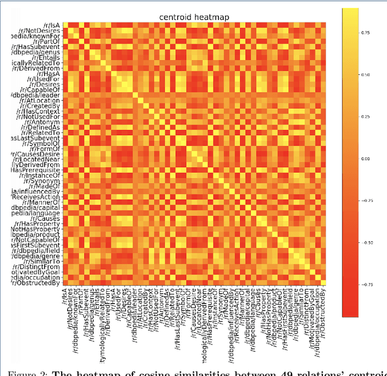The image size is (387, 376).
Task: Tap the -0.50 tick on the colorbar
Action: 365,242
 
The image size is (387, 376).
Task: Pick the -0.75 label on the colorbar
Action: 365,283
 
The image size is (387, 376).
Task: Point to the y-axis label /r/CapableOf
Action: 42,89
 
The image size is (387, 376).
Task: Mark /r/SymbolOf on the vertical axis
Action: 43,143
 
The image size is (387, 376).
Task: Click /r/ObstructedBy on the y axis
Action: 38,282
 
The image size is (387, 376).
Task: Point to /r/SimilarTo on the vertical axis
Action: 42,261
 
